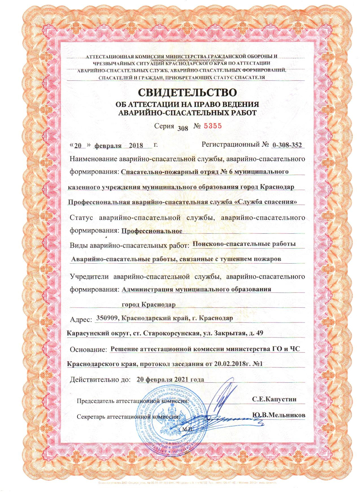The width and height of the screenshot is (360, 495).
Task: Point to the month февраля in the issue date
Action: pyautogui.click(x=108, y=146)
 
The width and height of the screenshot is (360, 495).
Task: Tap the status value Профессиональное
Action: pyautogui.click(x=152, y=231)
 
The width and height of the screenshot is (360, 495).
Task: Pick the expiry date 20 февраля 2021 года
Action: pyautogui.click(x=170, y=379)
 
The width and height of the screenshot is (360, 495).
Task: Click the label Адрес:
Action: pyautogui.click(x=81, y=319)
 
